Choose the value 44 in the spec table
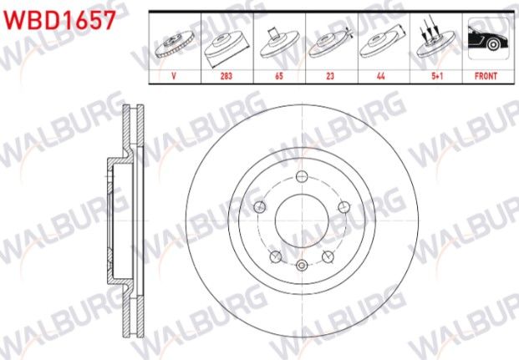click(x=381, y=75)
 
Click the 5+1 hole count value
click(x=433, y=75)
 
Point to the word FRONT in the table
click(x=485, y=75)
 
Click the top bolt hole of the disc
click(x=301, y=175)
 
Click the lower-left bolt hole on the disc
click(x=273, y=256)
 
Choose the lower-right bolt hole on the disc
click(x=327, y=256)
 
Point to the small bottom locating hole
click(x=300, y=266)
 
